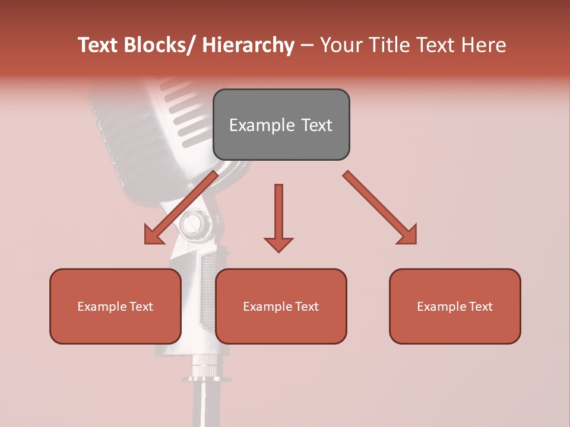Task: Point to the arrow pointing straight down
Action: coord(278,213)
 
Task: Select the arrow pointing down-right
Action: coord(377,205)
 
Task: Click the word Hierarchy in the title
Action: coord(248,45)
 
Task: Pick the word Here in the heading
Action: coord(484,45)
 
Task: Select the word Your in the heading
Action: coord(340,45)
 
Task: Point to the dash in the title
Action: coord(307,46)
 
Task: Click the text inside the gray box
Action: coord(281,125)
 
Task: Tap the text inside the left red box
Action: coord(115,307)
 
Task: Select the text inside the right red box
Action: coord(455,307)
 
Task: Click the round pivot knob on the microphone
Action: coord(192,224)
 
